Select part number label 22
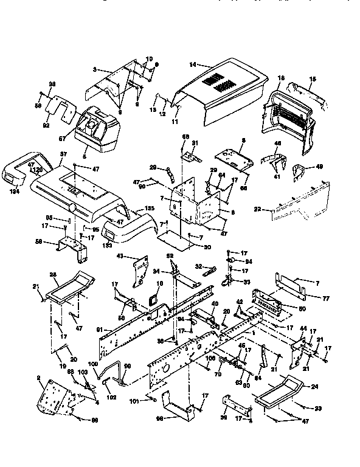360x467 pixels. [x=257, y=210]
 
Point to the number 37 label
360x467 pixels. [x=62, y=154]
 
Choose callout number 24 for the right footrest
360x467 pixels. [x=315, y=387]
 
